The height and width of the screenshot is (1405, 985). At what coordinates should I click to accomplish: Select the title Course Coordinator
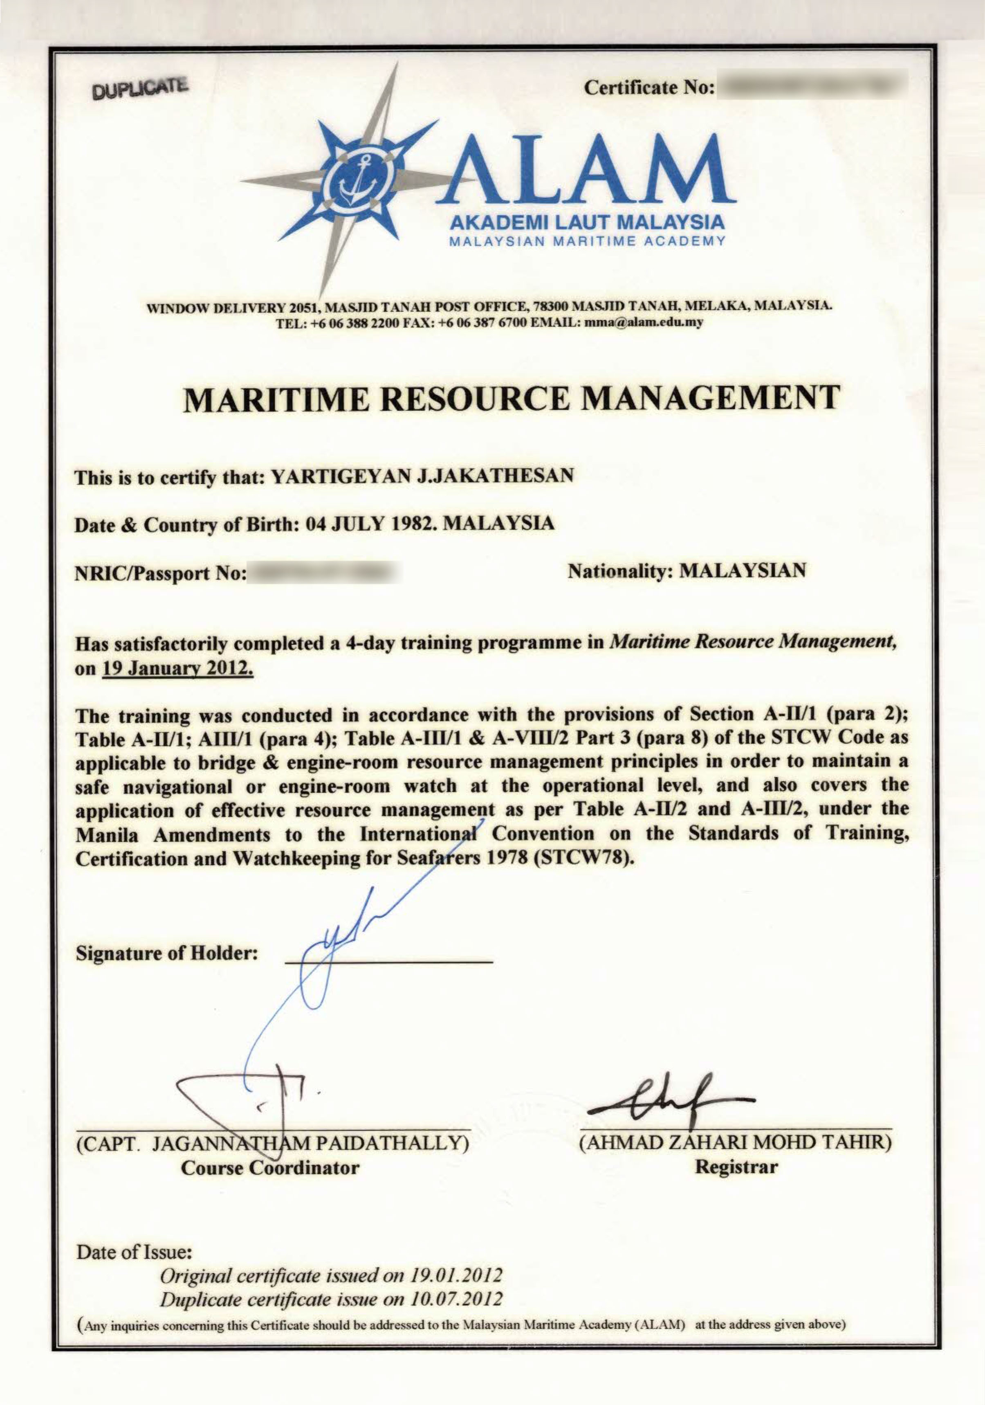coord(270,1168)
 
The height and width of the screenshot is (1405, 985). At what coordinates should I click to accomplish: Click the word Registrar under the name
coord(736,1167)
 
